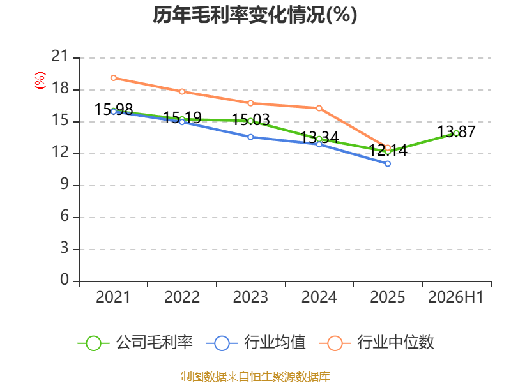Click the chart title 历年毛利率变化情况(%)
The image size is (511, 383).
tap(255, 15)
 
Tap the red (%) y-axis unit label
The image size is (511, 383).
tap(40, 80)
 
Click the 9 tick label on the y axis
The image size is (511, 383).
tap(65, 184)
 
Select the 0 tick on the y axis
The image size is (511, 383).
tap(65, 280)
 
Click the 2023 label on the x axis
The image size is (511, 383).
tap(250, 297)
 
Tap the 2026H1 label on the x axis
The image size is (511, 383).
tap(455, 297)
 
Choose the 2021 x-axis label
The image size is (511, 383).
tap(113, 297)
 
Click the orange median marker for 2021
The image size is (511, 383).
tap(114, 78)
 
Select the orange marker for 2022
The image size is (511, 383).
tap(182, 91)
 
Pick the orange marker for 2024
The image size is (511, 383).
tap(319, 108)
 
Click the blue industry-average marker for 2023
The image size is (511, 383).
tap(250, 137)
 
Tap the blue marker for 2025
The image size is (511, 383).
tap(388, 164)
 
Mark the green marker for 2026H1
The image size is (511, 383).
tap(456, 133)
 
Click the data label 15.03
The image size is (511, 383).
tap(250, 120)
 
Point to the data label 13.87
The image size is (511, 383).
tap(456, 132)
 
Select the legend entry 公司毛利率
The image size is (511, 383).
tap(135, 343)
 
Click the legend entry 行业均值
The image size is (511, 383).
tap(256, 343)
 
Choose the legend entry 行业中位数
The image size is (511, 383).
tap(377, 343)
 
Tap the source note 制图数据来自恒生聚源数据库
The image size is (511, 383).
tap(256, 377)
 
